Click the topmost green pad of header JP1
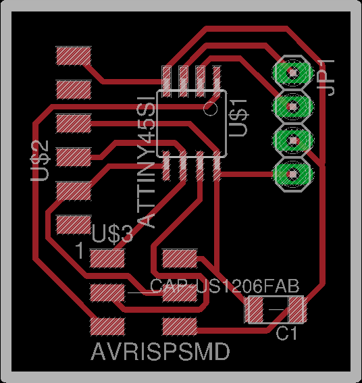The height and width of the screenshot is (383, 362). [x=293, y=72]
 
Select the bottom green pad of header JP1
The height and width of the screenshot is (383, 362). [x=293, y=174]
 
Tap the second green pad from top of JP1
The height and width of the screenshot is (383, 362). [x=293, y=107]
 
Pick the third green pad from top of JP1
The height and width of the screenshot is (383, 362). [x=293, y=141]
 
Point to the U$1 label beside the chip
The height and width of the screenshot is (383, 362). [x=238, y=118]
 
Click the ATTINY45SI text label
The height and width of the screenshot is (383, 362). [x=146, y=162]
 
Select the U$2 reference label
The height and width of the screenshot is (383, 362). [x=40, y=161]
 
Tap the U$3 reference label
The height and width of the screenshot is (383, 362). [x=113, y=234]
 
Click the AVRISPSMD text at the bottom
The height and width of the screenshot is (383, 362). [x=160, y=351]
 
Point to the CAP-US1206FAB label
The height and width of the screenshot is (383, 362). [x=224, y=286]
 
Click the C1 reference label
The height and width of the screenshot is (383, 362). [x=286, y=334]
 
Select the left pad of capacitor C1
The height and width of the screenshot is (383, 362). [x=254, y=309]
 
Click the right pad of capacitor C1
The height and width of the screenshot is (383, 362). [x=297, y=309]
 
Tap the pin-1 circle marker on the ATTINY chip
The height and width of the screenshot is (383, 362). [x=211, y=109]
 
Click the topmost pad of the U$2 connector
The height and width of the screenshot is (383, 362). [x=74, y=56]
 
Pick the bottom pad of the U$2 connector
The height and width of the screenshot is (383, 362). [x=74, y=225]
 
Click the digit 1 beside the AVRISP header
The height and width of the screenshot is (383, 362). [x=80, y=251]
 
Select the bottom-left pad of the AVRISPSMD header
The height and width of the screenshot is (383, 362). [x=107, y=326]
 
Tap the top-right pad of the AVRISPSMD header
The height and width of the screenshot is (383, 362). [x=180, y=259]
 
